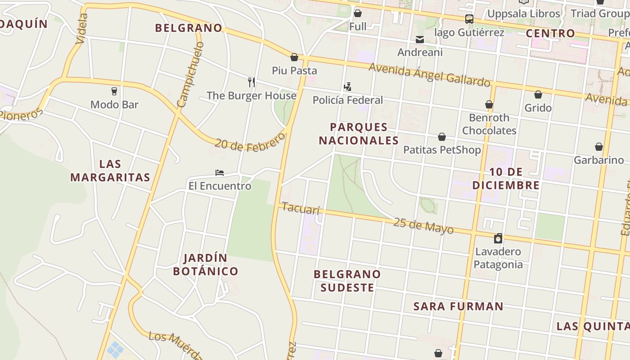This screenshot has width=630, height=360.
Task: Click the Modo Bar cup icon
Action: coord(114,91)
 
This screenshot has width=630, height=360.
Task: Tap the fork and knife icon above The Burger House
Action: coord(252,82)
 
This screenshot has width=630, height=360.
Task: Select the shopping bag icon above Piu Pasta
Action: coord(294,57)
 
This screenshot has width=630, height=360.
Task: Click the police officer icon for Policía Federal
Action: coord(347,86)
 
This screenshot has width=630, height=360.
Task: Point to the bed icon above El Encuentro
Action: coord(220,173)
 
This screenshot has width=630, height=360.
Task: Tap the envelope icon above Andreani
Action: coord(420,40)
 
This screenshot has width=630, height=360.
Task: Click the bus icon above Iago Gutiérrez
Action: coord(469,19)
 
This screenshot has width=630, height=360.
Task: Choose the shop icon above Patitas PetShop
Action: coord(442,137)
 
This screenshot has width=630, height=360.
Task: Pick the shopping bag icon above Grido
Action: coord(538,94)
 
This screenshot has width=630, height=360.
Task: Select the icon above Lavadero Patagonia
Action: coord(498,238)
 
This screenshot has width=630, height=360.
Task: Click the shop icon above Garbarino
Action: coord(598,147)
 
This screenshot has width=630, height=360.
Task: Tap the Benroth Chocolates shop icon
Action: coord(489,105)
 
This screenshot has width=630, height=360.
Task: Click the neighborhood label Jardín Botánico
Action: coord(206,265)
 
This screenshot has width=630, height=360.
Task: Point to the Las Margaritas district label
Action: coord(110,171)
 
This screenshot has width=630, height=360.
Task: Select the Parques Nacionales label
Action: coord(359,134)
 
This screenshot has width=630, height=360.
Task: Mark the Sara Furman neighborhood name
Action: coord(458,306)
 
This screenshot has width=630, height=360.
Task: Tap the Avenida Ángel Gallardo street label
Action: coord(429,75)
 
